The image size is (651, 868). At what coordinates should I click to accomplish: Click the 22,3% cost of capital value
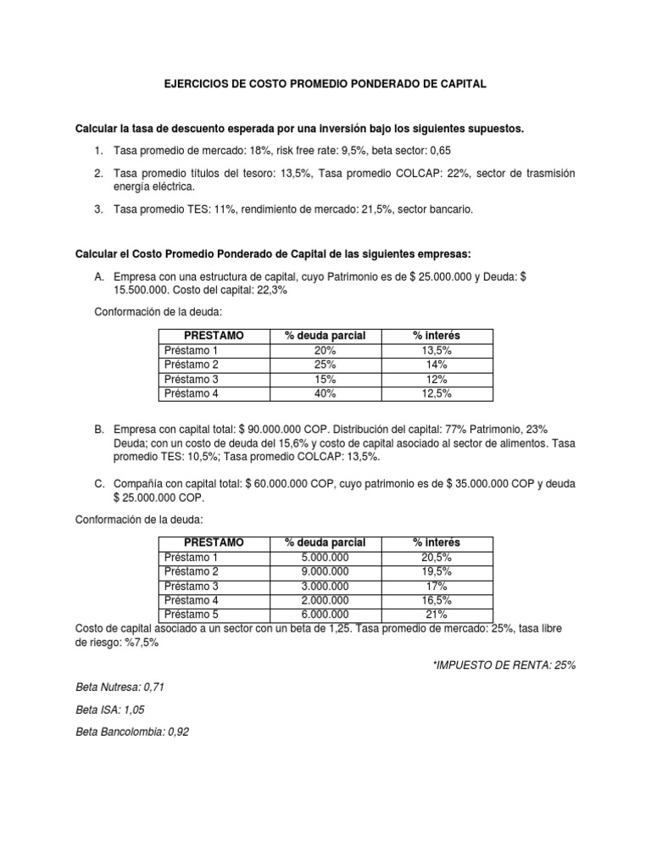point(273,291)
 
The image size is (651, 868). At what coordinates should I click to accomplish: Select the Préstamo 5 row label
point(192,615)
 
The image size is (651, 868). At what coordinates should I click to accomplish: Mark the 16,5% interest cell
point(436,600)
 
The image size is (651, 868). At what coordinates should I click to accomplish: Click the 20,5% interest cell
point(436,557)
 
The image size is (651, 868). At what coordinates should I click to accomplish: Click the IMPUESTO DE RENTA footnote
point(504,665)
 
